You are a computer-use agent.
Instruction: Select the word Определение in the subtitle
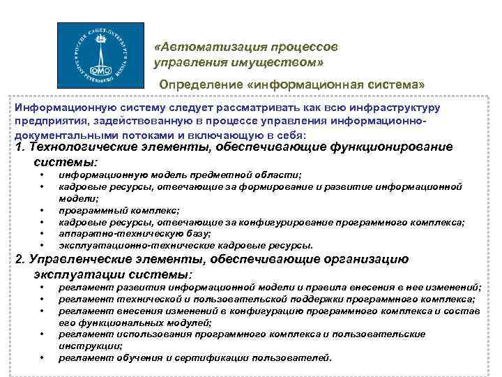(197, 84)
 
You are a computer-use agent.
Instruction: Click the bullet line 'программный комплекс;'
(119, 209)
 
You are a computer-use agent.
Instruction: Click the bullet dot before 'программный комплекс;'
(43, 209)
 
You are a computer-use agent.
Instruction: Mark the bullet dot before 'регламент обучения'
(43, 358)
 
